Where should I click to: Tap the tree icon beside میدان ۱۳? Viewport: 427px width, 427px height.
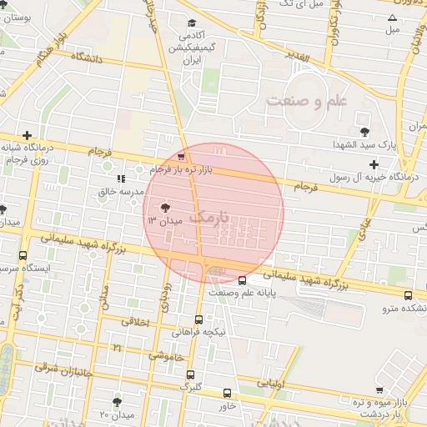(x=163, y=208)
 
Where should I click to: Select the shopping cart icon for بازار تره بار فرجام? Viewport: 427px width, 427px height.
(x=182, y=157)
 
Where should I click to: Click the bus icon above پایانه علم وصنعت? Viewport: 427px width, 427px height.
(x=243, y=281)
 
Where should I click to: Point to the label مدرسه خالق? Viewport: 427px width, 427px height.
(x=118, y=192)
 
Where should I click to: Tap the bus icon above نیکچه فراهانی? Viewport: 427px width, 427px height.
(x=198, y=319)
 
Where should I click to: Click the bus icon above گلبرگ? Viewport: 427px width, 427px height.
(x=191, y=374)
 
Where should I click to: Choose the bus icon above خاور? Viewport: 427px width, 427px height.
(x=228, y=393)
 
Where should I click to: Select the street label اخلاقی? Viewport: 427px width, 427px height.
(x=136, y=321)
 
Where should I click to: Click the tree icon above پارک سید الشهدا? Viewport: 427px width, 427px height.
(x=364, y=132)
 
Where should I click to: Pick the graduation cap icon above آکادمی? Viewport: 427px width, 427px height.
(x=193, y=23)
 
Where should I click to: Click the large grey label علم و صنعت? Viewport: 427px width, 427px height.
(x=307, y=100)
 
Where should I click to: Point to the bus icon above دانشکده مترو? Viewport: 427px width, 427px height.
(x=408, y=295)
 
